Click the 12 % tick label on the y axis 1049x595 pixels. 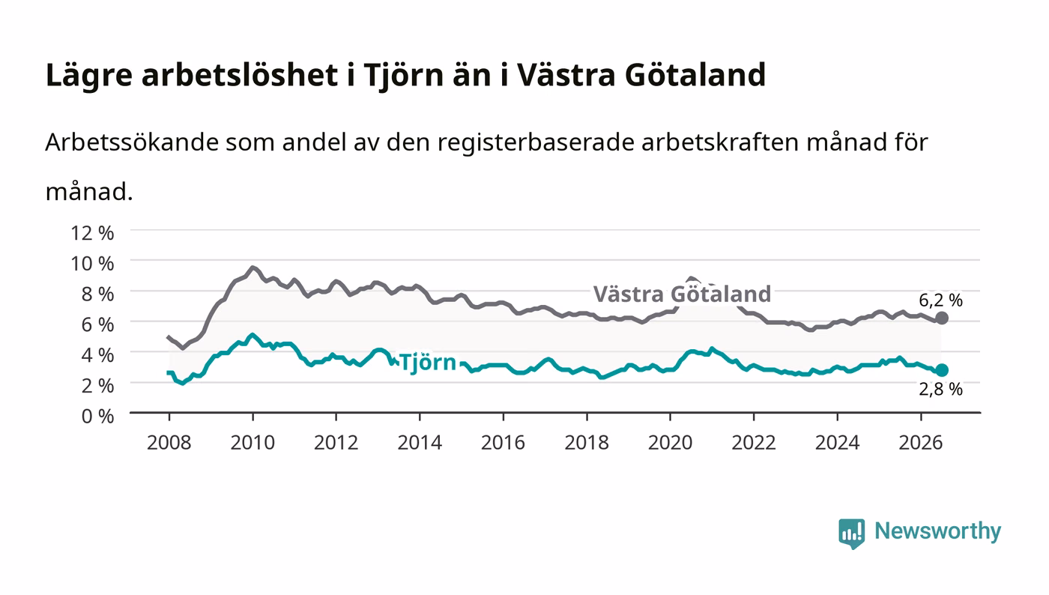pos(92,233)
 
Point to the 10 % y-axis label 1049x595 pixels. pos(92,263)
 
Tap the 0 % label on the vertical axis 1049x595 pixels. pos(98,416)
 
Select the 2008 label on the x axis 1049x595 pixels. pos(169,442)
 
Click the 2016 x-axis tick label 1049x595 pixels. pos(503,442)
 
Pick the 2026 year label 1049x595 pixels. pos(921,442)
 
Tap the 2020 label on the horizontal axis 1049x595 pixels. pos(670,442)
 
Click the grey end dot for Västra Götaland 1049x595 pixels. pos(942,318)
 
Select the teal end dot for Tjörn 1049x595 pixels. pos(942,370)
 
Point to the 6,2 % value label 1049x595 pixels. pos(940,300)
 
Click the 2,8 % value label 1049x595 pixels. pos(940,390)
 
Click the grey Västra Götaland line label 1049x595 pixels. pos(682,295)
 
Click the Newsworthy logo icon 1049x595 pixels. pos(851,534)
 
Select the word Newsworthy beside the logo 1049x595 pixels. pos(937,531)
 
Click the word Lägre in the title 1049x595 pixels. pos(89,76)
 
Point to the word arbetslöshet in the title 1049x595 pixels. pos(240,75)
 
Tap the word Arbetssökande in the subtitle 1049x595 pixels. pos(132,142)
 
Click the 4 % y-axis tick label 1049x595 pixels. pos(98,355)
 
